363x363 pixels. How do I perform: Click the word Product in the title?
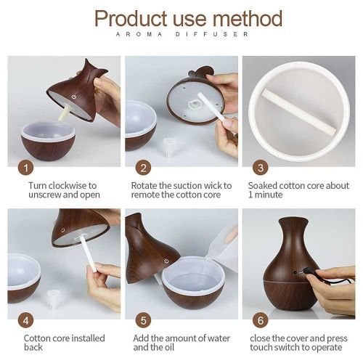click(x=131, y=18)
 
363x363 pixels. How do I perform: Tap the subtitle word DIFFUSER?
click(x=212, y=34)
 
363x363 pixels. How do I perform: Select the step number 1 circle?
click(x=26, y=168)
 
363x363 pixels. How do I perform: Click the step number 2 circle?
click(x=143, y=168)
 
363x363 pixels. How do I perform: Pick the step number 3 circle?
click(x=261, y=168)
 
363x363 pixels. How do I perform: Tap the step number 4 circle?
click(x=26, y=321)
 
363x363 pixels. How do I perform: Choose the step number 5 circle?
click(x=143, y=321)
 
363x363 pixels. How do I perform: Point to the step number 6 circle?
click(x=261, y=321)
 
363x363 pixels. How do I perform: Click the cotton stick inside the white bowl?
click(x=299, y=112)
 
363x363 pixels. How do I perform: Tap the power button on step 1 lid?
click(x=74, y=97)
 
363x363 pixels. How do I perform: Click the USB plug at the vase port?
click(x=306, y=272)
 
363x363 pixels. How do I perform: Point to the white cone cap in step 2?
click(x=168, y=147)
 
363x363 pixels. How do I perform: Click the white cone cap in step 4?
click(x=54, y=299)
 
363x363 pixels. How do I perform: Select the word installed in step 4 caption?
click(x=89, y=338)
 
